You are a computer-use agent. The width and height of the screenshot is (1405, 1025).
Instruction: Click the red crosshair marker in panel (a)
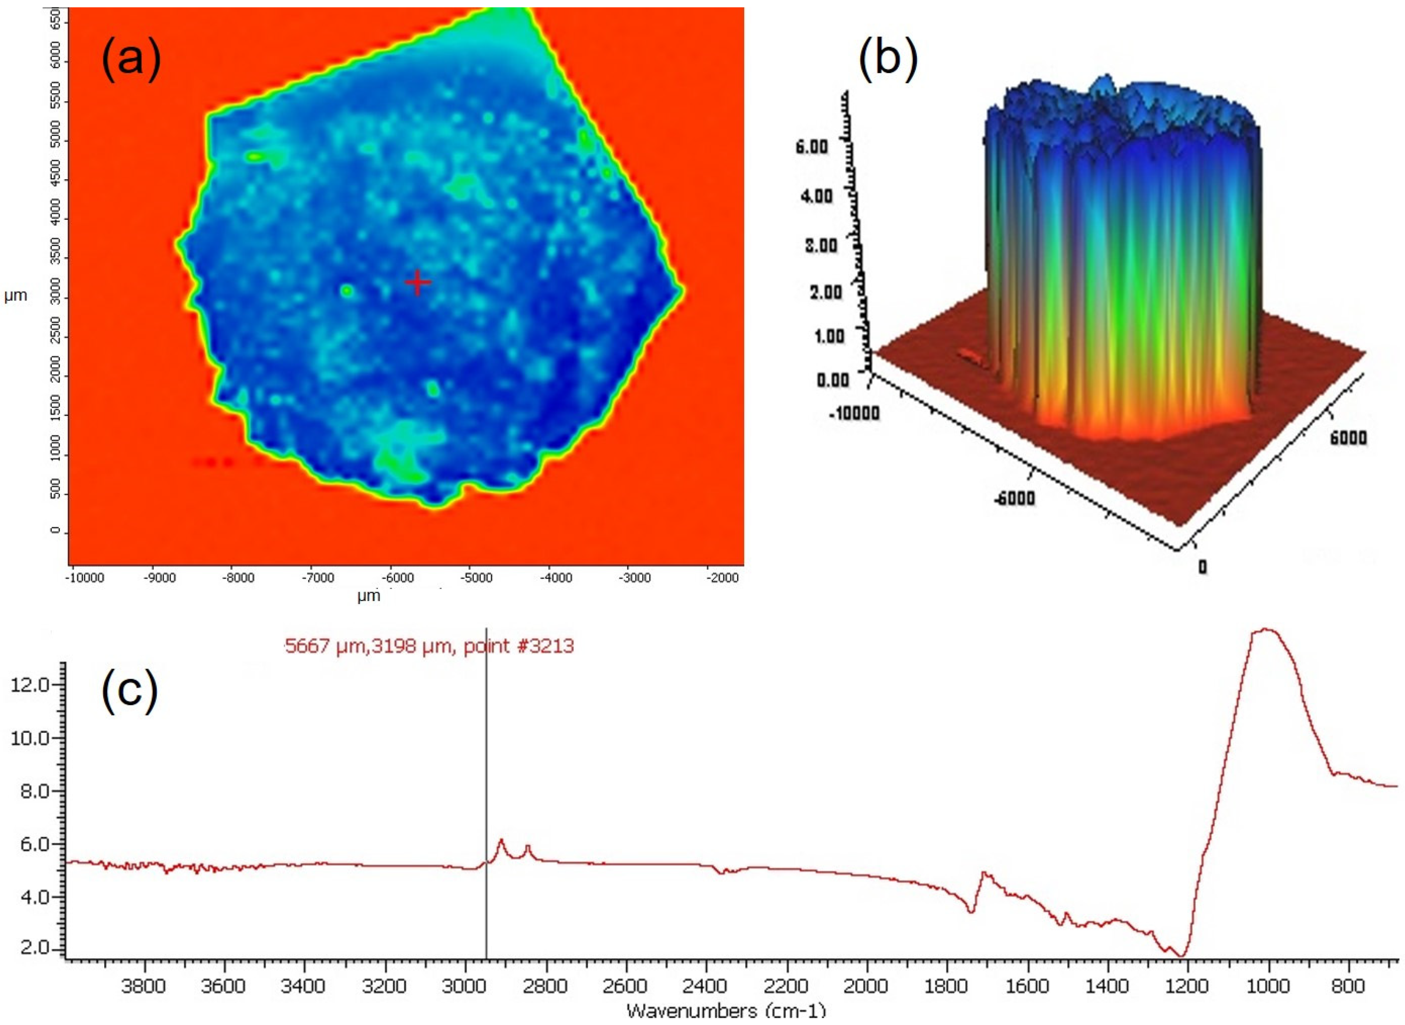418,282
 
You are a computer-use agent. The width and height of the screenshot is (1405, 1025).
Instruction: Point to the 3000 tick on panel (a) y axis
56,297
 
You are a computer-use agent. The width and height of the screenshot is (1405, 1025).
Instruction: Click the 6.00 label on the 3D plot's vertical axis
812,147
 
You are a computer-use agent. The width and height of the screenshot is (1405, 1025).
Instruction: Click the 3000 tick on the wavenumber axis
465,986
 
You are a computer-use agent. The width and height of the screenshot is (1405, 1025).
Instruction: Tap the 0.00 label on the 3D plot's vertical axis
832,380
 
